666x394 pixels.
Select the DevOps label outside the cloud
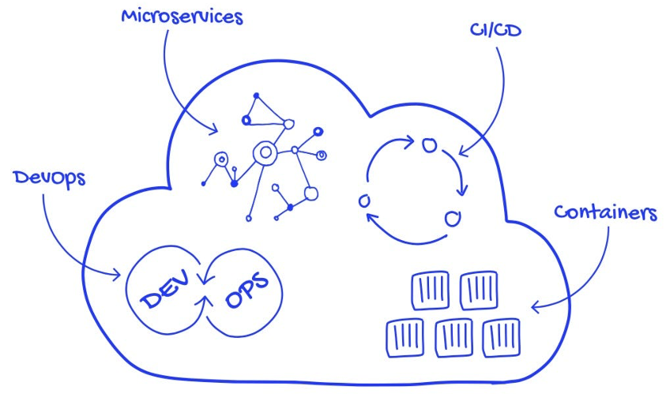[49, 178]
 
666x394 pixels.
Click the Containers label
[605, 212]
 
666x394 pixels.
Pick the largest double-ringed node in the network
[264, 152]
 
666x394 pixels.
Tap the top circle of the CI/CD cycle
[428, 144]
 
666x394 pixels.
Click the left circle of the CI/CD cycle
[364, 201]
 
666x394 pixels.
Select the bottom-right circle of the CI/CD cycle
[452, 218]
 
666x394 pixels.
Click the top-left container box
[430, 290]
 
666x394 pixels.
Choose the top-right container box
[479, 289]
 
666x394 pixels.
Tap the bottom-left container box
[405, 338]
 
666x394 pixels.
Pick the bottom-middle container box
[453, 338]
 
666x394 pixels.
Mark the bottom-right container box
[501, 337]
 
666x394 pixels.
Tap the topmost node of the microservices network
[256, 96]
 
